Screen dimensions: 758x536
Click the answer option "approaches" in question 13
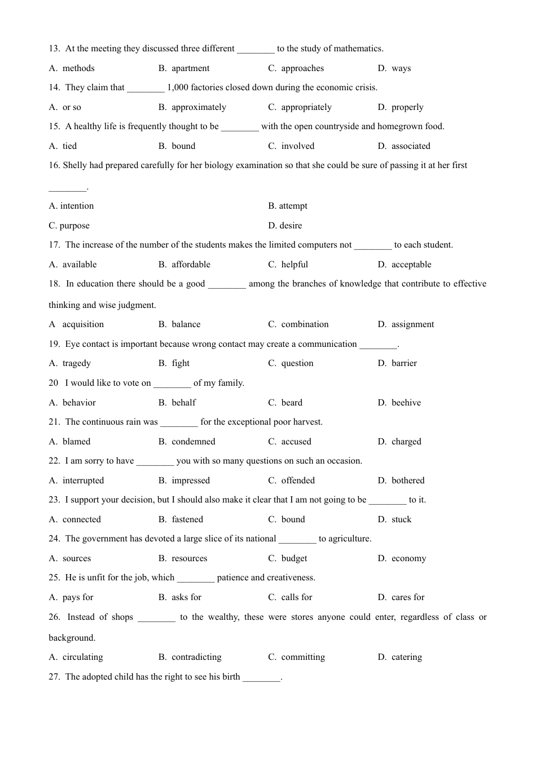(x=302, y=68)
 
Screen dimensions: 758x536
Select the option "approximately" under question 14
(x=199, y=107)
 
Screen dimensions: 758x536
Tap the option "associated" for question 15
(x=411, y=146)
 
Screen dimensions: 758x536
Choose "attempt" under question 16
(x=293, y=206)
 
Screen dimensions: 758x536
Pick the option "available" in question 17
(x=80, y=265)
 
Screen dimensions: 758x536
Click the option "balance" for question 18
(x=186, y=324)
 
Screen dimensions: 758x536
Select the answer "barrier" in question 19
(x=404, y=363)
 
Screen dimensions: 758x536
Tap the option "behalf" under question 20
(x=184, y=403)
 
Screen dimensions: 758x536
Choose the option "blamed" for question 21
(x=77, y=442)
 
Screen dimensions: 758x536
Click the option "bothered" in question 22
(x=408, y=481)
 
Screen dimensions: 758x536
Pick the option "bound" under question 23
(x=293, y=519)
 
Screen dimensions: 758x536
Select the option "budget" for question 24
(x=295, y=558)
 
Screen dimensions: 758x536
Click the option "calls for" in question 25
(x=297, y=597)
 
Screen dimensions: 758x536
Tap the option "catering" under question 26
(x=407, y=657)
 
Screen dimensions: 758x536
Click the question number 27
(x=54, y=677)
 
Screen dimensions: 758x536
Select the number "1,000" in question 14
(x=178, y=87)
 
